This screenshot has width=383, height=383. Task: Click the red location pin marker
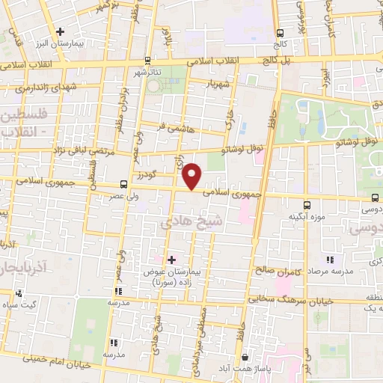pos(193,176)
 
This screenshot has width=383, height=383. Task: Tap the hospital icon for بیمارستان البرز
pos(61,31)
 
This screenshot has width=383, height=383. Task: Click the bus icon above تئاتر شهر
pos(147,60)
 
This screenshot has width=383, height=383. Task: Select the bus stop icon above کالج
pos(280,33)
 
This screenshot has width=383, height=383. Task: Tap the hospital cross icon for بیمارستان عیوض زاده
pos(171,260)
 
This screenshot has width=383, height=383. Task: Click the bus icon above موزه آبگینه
pos(307,204)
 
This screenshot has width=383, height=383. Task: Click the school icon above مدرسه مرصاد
pos(330,260)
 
